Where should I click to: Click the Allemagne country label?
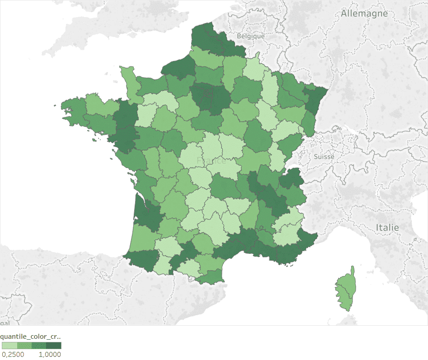pos(364,14)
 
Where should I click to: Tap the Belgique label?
pos(251,36)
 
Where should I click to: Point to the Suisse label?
pos(324,157)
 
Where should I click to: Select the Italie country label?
pos(387,227)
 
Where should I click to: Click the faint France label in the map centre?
pos(211,161)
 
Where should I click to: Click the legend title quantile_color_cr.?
pos(31,337)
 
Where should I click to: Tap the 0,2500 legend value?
pos(13,354)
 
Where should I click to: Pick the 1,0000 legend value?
pos(50,354)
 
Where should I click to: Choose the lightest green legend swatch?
pos(9,346)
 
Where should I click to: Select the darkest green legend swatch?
pos(54,346)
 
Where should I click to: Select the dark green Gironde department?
pos(147,212)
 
